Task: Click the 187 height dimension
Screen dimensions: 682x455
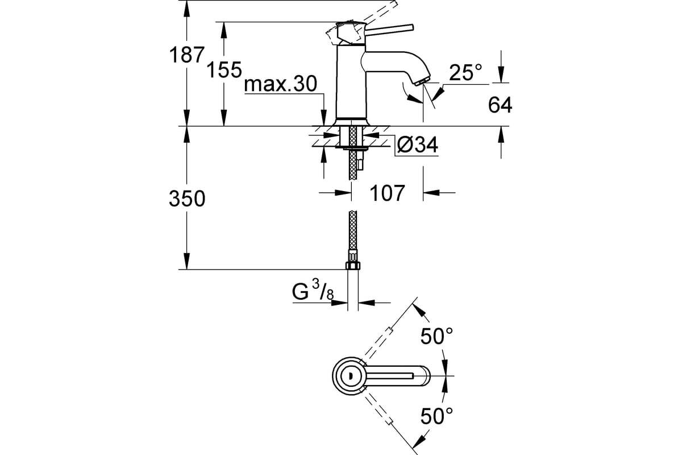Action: click(186, 55)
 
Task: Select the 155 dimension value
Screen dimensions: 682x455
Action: click(224, 70)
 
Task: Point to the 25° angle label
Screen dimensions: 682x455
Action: click(465, 73)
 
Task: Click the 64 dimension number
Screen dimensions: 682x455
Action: click(500, 105)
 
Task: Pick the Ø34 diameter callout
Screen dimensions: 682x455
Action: click(418, 144)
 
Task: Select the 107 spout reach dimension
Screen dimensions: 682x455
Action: click(387, 193)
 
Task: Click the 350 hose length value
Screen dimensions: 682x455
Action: click(187, 199)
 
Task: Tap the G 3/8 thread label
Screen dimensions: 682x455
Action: click(313, 291)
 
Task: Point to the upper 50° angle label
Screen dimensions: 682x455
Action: click(436, 336)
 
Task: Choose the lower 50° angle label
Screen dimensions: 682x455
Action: click(436, 416)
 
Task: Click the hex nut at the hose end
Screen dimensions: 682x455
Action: click(353, 266)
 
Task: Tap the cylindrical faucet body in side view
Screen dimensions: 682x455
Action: click(351, 82)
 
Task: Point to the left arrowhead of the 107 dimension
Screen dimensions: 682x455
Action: click(343, 193)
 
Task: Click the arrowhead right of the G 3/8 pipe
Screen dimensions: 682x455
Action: click(366, 303)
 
